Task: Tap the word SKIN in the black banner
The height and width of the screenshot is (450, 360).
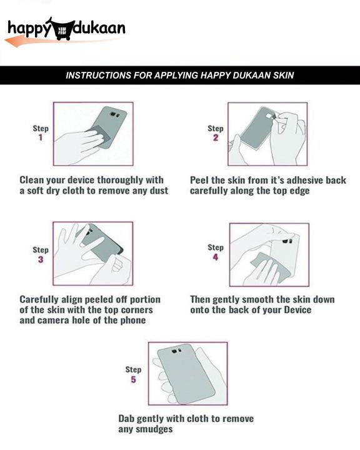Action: click(283, 75)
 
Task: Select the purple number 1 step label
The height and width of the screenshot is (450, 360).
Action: click(41, 137)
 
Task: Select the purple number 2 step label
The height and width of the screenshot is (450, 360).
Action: click(216, 137)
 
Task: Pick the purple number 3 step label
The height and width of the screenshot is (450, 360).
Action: click(41, 259)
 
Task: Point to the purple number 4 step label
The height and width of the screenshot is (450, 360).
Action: click(215, 257)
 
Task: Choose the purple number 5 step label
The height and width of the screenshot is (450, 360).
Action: click(133, 379)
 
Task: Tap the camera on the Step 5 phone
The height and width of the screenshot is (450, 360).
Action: click(176, 351)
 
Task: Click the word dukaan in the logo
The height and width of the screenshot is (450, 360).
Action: click(100, 28)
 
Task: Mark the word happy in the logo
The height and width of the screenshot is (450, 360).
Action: click(29, 29)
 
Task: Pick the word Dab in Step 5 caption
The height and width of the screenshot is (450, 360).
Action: click(126, 419)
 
